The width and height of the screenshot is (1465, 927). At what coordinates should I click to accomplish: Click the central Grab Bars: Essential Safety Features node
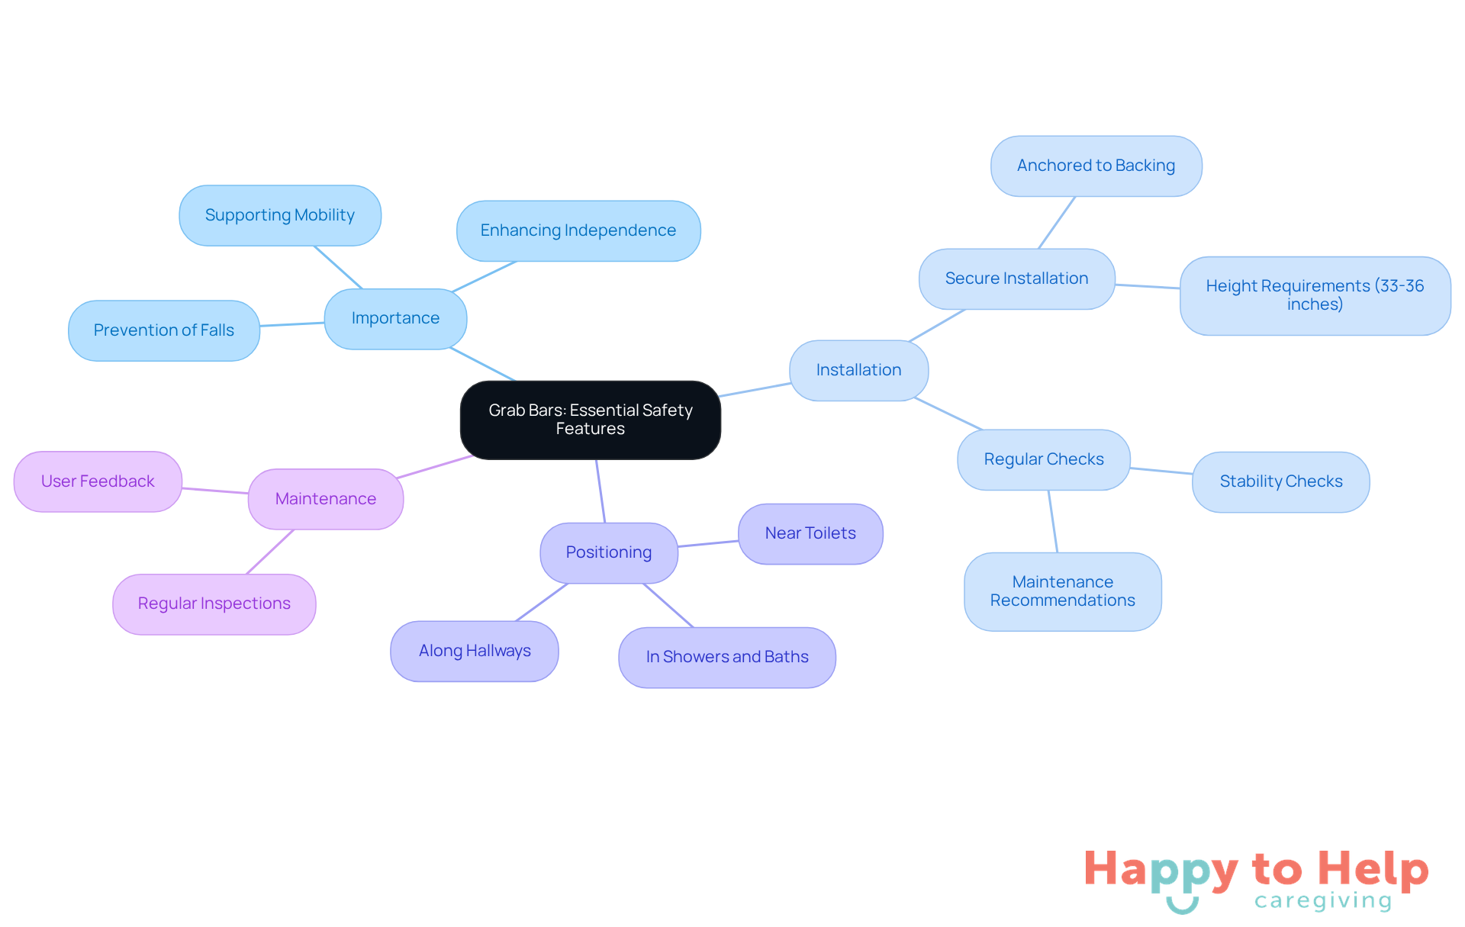coord(590,420)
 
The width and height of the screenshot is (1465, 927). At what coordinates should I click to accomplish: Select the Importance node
coord(395,319)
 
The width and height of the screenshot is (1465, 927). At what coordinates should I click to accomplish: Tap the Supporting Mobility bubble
coord(280,215)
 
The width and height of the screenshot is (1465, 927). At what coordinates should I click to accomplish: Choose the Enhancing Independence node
coord(578,230)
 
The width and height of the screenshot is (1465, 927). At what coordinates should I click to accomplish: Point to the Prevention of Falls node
coord(164,330)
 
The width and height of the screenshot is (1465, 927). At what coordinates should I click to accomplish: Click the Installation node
coord(859,370)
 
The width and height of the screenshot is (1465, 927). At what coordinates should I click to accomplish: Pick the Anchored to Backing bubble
coord(1096,166)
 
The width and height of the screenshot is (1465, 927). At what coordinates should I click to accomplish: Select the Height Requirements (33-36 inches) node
coord(1315,295)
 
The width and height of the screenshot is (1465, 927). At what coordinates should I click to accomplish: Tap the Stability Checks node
coord(1281,481)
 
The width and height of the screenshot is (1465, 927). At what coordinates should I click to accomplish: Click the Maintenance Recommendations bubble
coord(1063,591)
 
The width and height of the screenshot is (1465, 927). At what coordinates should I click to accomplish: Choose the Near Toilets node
coord(810,533)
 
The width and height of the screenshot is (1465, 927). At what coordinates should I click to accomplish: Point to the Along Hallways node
coord(475,651)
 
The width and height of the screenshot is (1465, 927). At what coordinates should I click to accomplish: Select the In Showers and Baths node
coord(727,657)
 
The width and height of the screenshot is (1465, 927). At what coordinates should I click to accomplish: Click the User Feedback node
coord(98,481)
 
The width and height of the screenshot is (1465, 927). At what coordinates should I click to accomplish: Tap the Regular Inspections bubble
coord(214,604)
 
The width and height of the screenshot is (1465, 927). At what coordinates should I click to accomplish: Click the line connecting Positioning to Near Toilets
coord(708,543)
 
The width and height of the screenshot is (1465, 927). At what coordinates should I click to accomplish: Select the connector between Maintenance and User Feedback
coord(215,491)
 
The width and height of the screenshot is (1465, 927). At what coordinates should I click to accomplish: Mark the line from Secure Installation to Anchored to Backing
coord(1057,222)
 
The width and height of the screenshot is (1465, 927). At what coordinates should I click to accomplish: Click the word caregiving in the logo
coord(1323,901)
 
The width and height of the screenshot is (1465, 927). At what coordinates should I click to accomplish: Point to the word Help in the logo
coord(1373,870)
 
